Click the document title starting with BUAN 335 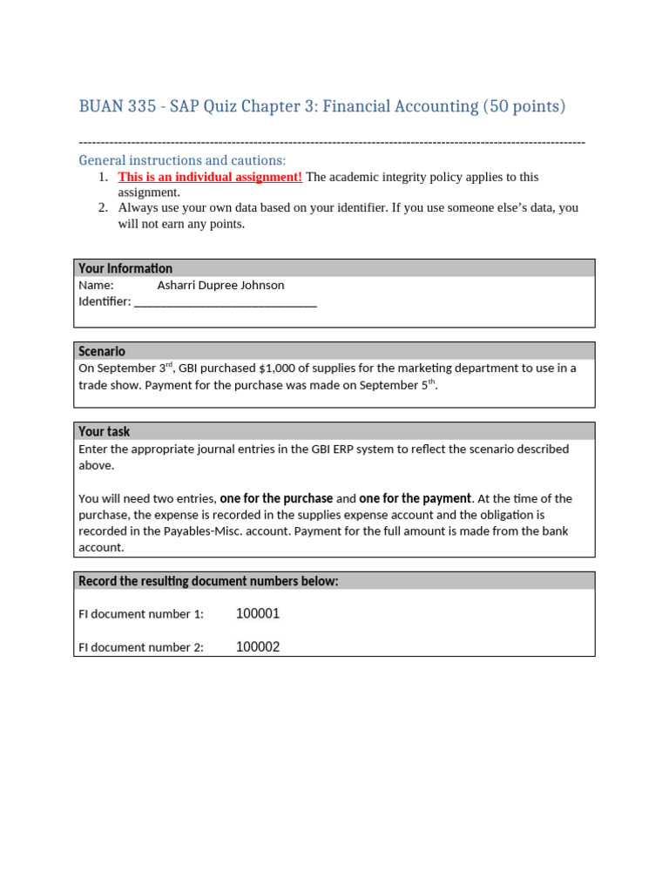click(321, 106)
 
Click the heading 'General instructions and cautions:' click(182, 160)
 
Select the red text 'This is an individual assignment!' click(210, 177)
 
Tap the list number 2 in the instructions click(102, 208)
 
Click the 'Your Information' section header click(125, 268)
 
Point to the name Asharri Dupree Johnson click(220, 285)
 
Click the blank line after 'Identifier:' click(226, 302)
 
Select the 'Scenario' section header click(102, 351)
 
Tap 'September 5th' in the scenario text click(397, 385)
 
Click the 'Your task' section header click(104, 431)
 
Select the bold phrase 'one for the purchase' click(276, 498)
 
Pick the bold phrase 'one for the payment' click(416, 498)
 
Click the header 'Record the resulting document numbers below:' click(208, 581)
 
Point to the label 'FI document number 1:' click(141, 614)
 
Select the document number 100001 click(258, 614)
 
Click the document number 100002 click(258, 647)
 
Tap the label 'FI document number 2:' click(141, 647)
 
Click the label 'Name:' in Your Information click(96, 285)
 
